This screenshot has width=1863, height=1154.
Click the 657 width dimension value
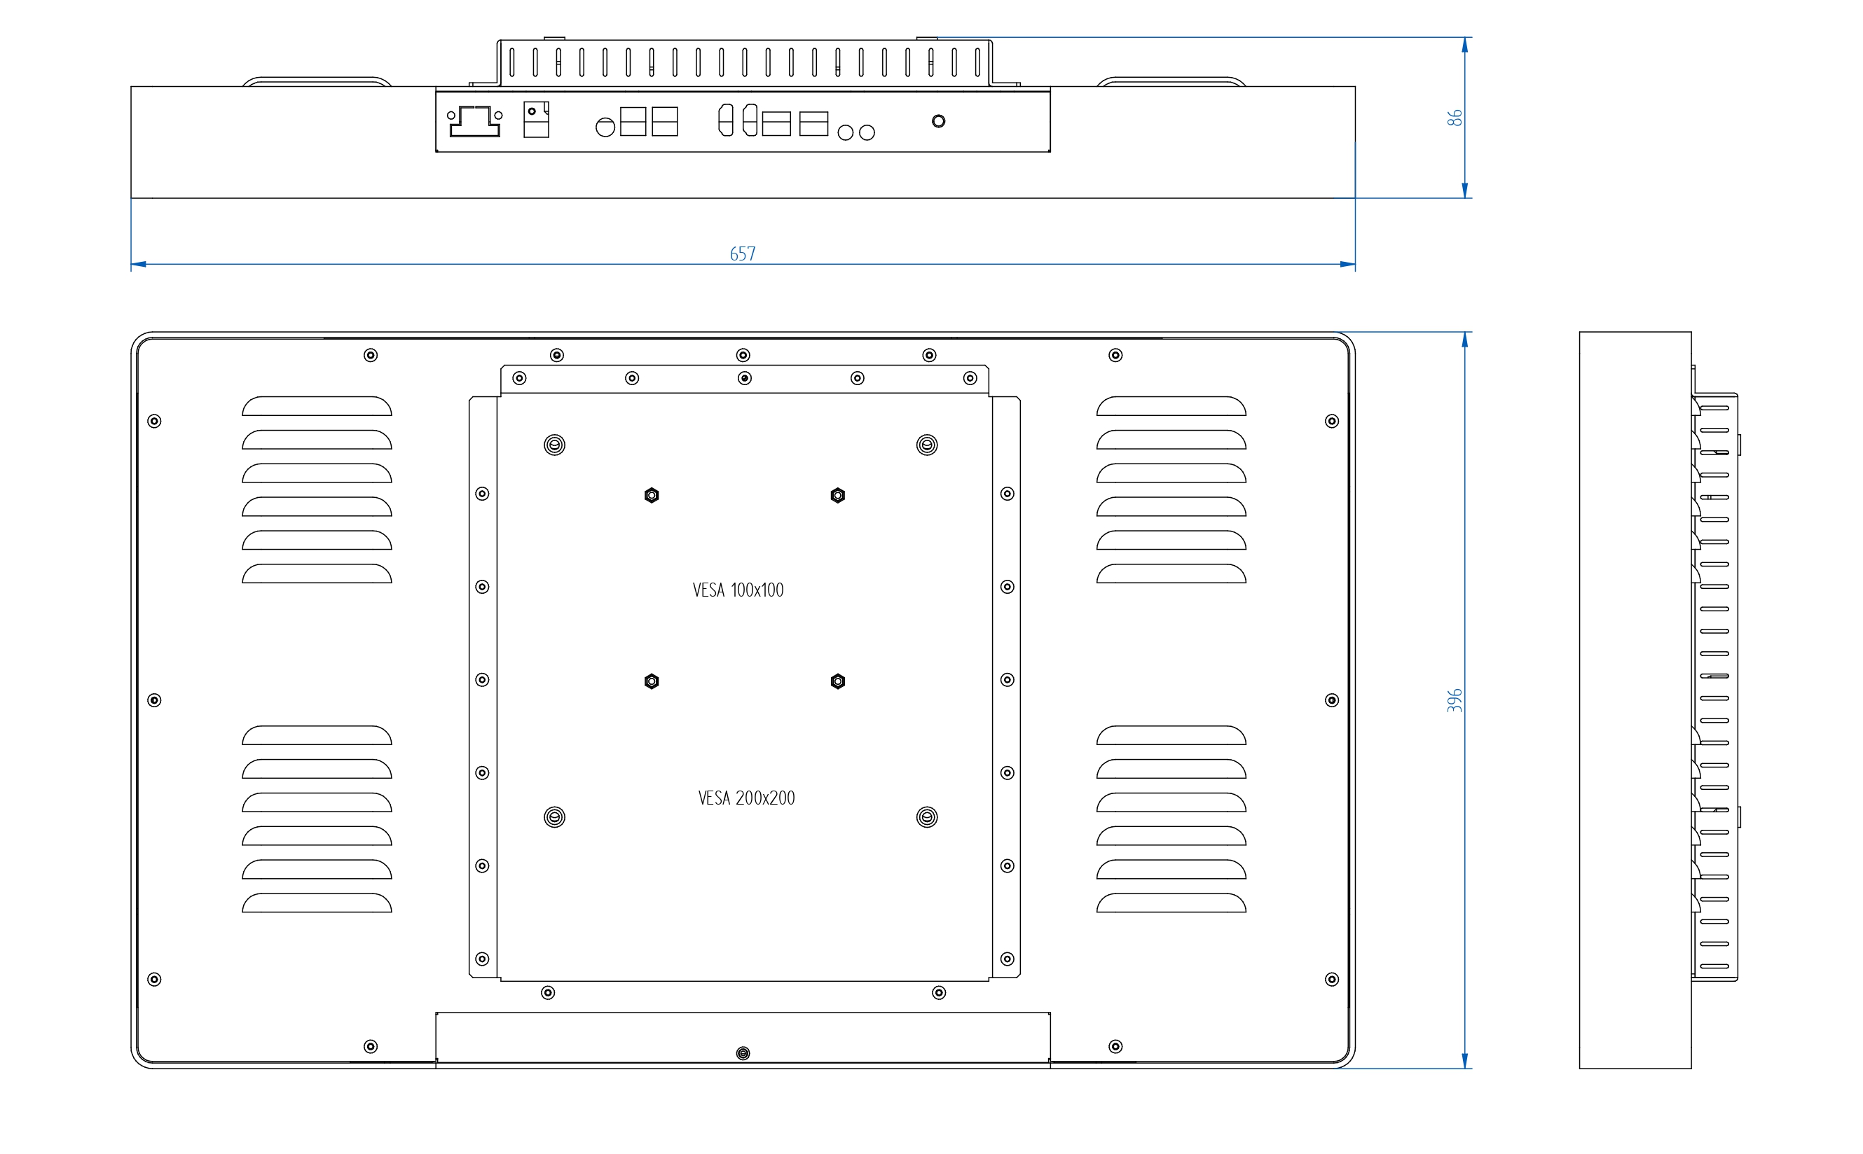[742, 253]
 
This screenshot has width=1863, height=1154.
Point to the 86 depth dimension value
[1455, 118]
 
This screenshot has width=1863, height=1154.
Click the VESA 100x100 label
[738, 590]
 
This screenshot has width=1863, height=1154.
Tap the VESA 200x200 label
[746, 798]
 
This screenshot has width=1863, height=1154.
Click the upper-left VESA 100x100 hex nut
[652, 495]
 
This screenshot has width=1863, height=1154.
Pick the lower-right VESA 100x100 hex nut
[837, 681]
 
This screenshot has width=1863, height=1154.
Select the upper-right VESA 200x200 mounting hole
[927, 445]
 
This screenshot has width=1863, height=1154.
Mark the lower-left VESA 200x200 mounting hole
[554, 817]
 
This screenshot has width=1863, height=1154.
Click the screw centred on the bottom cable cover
[743, 1053]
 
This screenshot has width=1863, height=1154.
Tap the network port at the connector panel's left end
[475, 120]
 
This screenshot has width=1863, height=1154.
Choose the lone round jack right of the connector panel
[938, 120]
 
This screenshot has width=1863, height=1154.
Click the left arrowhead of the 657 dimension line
[138, 264]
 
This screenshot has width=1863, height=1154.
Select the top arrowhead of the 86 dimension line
[1464, 45]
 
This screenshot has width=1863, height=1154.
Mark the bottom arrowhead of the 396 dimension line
[1464, 1060]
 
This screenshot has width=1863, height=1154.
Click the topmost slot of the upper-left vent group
[317, 406]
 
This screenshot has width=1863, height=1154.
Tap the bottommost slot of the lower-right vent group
[1171, 903]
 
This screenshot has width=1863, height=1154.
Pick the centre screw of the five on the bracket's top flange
[745, 379]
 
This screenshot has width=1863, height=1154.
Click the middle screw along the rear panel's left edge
[154, 700]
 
